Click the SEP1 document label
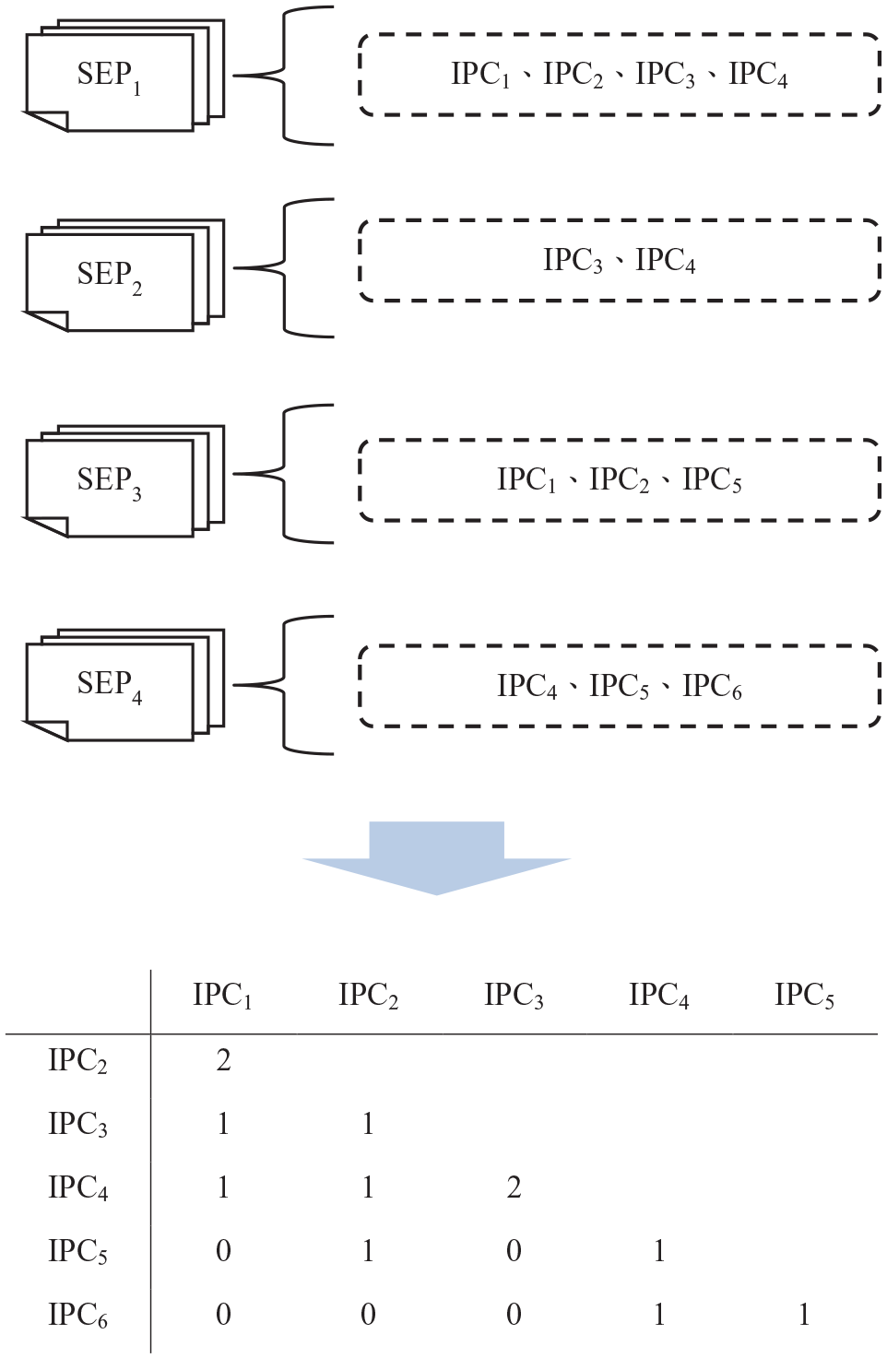click(109, 77)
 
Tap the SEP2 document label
click(109, 278)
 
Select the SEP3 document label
click(109, 482)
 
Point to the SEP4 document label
click(109, 687)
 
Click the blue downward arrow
click(436, 857)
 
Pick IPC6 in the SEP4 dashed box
click(712, 687)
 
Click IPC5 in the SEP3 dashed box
click(712, 480)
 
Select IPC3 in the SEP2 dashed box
click(573, 261)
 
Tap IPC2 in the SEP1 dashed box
click(573, 75)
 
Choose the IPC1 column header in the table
click(222, 995)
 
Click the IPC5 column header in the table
click(804, 995)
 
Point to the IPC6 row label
click(77, 1315)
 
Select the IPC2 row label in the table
click(77, 1060)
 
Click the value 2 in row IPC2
click(223, 1060)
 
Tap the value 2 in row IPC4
click(514, 1187)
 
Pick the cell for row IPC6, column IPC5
click(804, 1315)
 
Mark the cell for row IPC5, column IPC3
click(514, 1251)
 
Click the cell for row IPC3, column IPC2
click(368, 1124)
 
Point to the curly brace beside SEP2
click(284, 267)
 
